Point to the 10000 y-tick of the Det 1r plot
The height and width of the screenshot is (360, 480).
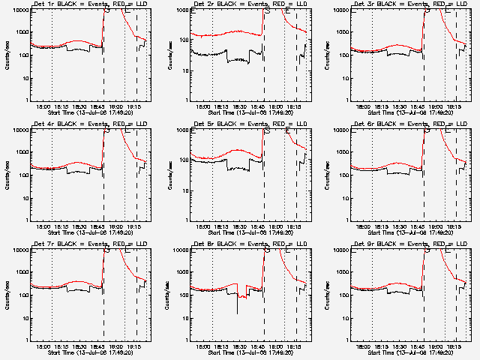(17, 10)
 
